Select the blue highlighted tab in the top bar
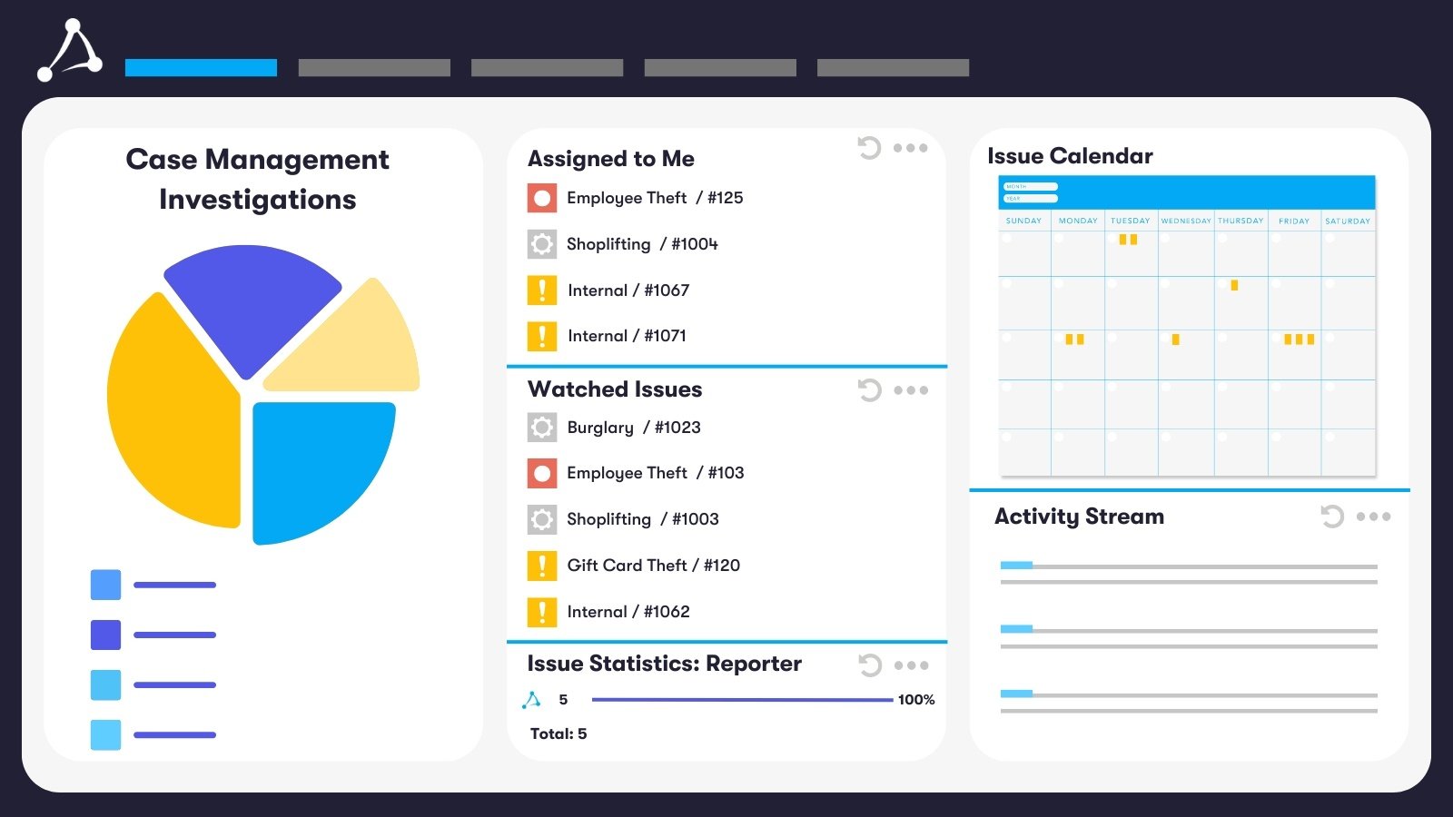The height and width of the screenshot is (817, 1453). [201, 67]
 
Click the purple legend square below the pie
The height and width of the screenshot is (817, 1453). [105, 635]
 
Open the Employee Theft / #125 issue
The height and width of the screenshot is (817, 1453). [654, 198]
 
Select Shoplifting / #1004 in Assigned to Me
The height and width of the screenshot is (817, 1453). [641, 244]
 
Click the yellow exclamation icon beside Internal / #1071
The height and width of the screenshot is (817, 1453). [542, 336]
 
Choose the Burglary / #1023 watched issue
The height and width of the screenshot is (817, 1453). [633, 428]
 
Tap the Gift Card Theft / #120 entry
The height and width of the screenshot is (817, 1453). [653, 566]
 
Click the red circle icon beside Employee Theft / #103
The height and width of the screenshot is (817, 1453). [542, 473]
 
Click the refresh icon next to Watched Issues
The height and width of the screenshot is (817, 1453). [869, 390]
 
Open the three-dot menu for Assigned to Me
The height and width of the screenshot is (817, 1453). [910, 148]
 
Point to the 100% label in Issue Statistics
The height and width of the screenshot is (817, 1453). [915, 700]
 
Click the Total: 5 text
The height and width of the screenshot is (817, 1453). [558, 733]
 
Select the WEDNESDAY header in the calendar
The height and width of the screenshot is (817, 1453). [1185, 221]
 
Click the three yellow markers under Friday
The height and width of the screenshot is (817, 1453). [1299, 340]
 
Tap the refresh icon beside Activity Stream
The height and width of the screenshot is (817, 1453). [1332, 517]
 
